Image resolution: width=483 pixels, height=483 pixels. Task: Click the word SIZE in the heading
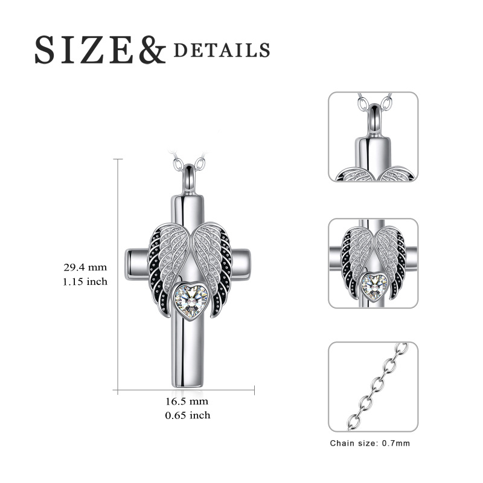pyautogui.click(x=84, y=50)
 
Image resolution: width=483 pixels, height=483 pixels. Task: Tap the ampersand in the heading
pyautogui.click(x=152, y=50)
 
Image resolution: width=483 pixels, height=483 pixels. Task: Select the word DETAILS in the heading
pyautogui.click(x=222, y=51)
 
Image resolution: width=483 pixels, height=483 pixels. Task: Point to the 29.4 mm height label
pyautogui.click(x=85, y=267)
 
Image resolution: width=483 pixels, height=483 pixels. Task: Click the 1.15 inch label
pyautogui.click(x=85, y=281)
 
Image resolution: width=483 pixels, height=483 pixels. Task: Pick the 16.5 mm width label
pyautogui.click(x=187, y=401)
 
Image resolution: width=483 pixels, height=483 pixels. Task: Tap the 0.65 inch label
pyautogui.click(x=188, y=415)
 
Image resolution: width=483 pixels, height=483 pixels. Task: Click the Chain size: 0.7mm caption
pyautogui.click(x=370, y=443)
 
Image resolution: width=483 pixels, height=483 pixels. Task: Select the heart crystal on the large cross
pyautogui.click(x=191, y=301)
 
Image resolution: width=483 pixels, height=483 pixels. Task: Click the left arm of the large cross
pyautogui.click(x=137, y=264)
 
